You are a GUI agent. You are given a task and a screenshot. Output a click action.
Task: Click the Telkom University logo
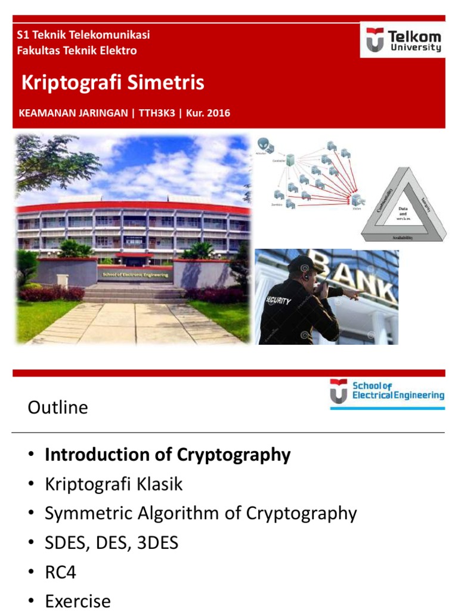click(403, 40)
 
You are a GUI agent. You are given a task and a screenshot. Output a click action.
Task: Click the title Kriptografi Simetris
click(113, 82)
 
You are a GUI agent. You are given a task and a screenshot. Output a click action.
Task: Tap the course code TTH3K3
click(157, 113)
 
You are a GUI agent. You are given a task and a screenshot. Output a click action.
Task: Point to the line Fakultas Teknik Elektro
click(77, 50)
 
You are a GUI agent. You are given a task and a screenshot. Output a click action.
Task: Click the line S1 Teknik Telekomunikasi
click(83, 35)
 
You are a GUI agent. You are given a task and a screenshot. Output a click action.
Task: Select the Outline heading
click(58, 408)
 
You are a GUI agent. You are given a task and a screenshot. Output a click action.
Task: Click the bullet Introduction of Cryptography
click(168, 455)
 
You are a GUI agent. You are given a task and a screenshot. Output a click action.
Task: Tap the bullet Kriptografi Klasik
click(113, 484)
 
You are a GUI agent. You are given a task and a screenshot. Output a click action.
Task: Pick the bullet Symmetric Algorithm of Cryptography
click(201, 513)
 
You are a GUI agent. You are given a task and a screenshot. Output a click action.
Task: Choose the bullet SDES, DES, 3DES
click(112, 542)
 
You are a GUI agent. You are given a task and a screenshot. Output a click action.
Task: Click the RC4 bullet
click(60, 572)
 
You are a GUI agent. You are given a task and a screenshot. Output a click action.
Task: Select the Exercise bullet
click(78, 601)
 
